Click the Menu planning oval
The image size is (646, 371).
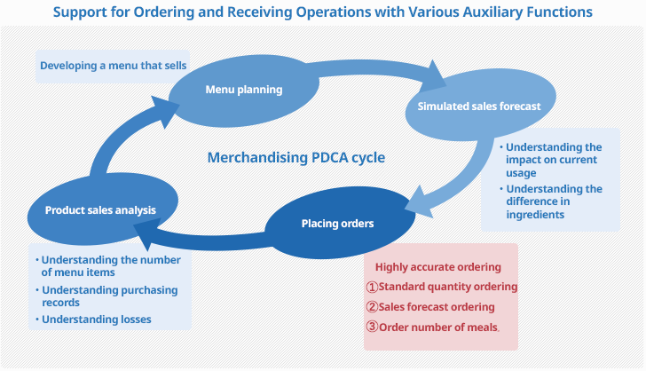[x=243, y=89]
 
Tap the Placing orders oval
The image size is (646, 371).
[x=337, y=223]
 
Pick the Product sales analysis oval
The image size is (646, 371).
[x=100, y=210]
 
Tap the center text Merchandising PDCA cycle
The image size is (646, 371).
[x=295, y=157]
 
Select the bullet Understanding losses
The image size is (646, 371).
[x=96, y=319]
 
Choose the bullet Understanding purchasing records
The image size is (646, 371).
[x=108, y=296]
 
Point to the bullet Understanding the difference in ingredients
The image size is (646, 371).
[x=554, y=201]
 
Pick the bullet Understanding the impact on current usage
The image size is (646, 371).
[x=554, y=160]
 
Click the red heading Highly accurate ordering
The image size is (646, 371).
[x=437, y=266]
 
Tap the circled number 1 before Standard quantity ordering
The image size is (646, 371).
[x=373, y=287]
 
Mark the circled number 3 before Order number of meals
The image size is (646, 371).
[x=373, y=327]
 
